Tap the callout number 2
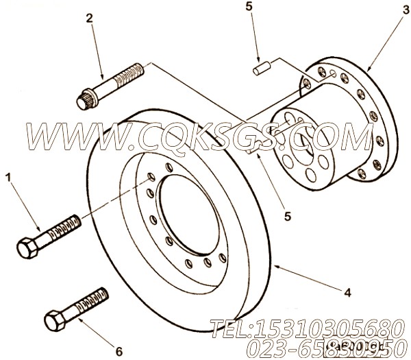89,19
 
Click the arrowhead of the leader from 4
274,263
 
